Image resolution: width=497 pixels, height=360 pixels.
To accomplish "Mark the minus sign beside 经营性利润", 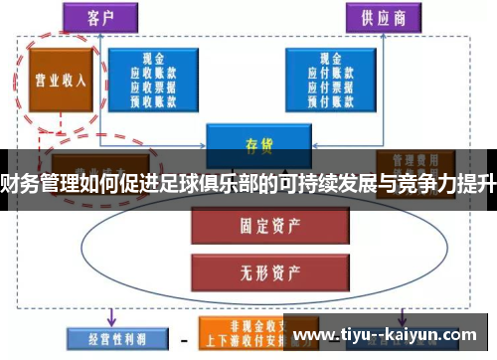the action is pos(184,338).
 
